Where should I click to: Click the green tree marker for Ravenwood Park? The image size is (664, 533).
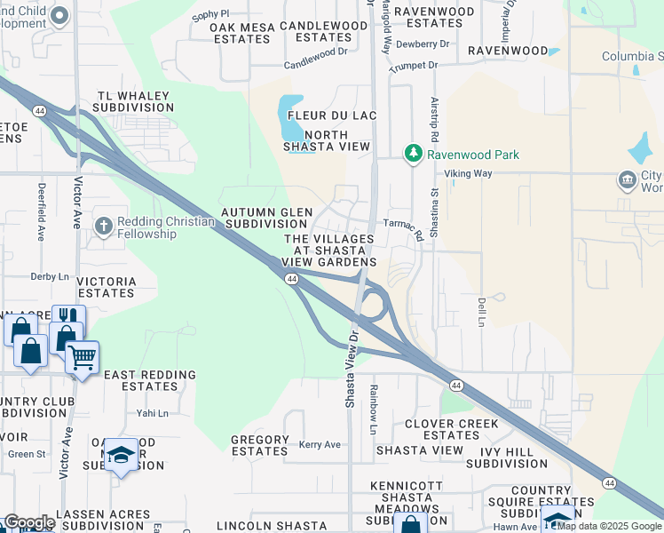click(x=413, y=154)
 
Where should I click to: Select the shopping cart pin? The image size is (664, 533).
click(x=82, y=358)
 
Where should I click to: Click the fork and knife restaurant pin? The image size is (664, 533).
click(x=68, y=317)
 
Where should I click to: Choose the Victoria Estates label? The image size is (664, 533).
click(x=107, y=287)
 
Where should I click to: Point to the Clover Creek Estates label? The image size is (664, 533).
click(x=451, y=429)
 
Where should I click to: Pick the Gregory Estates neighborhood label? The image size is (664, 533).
click(x=259, y=445)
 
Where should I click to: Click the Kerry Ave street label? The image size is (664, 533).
click(x=320, y=444)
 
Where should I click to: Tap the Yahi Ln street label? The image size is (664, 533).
click(x=152, y=413)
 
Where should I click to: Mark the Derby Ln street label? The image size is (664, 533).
click(x=50, y=276)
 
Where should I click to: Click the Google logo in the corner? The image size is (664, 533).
click(x=29, y=522)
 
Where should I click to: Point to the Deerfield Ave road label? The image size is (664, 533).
click(x=42, y=213)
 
